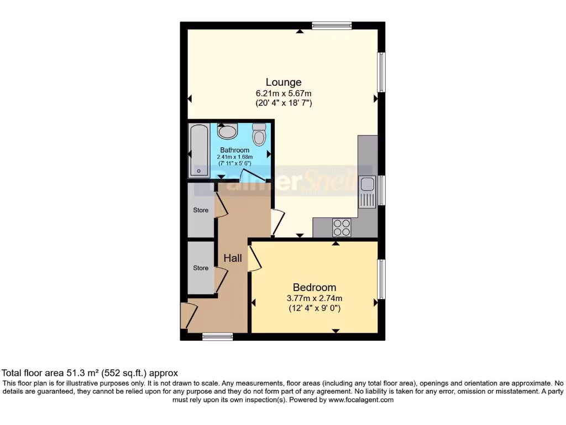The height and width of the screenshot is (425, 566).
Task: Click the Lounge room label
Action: [284, 82]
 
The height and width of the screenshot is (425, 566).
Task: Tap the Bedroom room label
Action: [314, 287]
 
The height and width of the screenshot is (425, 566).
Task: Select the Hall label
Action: [233, 258]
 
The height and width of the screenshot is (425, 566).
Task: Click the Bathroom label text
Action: [234, 150]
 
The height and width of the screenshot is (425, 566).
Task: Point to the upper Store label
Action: [201, 210]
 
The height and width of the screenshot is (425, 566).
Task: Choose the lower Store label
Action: [201, 268]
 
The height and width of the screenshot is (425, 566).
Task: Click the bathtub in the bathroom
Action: [198, 151]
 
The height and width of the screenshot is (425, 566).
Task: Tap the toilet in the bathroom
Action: [259, 133]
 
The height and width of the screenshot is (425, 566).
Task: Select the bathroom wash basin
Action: [227, 132]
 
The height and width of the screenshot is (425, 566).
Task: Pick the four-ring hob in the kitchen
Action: [342, 227]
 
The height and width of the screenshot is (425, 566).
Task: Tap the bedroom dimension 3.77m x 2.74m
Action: [314, 298]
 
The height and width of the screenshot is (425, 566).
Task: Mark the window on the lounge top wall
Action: [332, 25]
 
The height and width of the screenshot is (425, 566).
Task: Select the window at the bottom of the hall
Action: [217, 336]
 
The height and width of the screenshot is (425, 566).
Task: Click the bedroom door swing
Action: [255, 259]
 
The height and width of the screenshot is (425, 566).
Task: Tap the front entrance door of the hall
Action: [186, 315]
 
